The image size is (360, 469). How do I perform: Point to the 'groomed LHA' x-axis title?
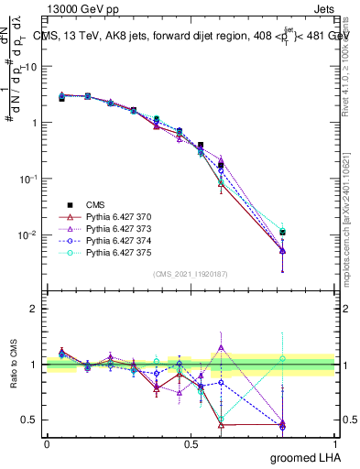point(306,458)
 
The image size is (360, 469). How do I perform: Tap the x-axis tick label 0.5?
point(191,443)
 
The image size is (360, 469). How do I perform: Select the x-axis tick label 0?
point(47,443)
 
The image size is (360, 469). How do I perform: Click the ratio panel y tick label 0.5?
point(29,420)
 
